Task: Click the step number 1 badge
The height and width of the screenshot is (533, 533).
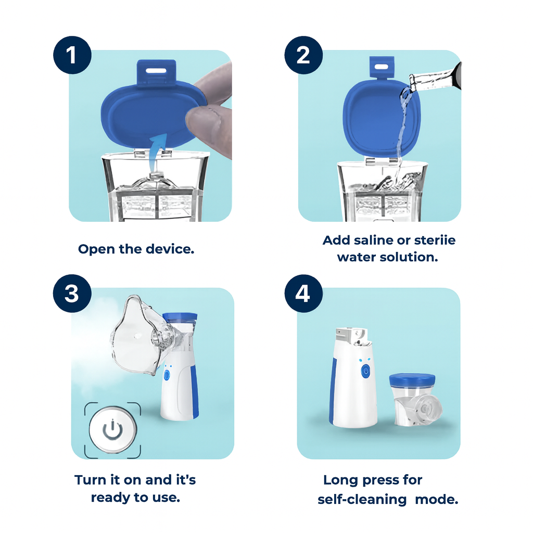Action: (72, 55)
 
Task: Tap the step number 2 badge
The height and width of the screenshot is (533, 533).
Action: (303, 55)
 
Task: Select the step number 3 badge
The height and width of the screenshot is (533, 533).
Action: (72, 294)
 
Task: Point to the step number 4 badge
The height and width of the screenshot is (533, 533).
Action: (303, 294)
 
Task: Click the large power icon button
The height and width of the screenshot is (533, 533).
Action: (112, 429)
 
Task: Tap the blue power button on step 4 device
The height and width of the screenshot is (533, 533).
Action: (365, 371)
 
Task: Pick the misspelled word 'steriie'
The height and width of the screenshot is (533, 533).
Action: (435, 240)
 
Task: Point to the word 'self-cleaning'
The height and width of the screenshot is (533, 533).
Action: (362, 500)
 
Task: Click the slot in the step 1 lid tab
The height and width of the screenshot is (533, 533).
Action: (156, 68)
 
